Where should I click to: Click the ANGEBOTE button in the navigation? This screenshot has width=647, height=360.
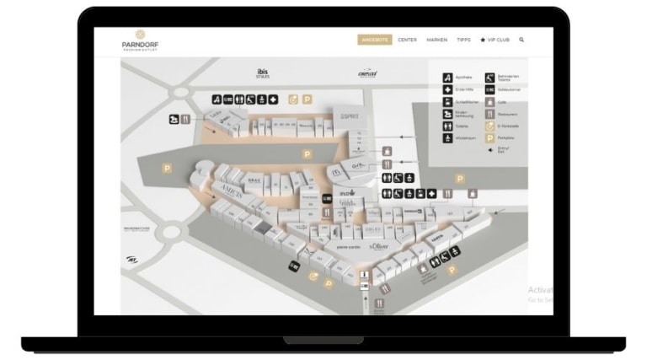pos(374,40)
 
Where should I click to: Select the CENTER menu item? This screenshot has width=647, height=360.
pos(407,40)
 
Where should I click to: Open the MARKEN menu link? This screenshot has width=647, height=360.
pos(436,40)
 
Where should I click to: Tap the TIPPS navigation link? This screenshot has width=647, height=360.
pos(463,40)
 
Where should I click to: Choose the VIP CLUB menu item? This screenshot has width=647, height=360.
pos(495,40)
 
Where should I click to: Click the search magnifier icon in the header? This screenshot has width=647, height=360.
pos(522,40)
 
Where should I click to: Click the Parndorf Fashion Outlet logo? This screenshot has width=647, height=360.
pos(140,40)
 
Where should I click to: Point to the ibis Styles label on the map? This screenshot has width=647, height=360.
pos(263,73)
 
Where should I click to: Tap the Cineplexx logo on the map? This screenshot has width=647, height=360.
pos(366,73)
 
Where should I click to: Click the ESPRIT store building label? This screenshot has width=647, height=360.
pos(350,117)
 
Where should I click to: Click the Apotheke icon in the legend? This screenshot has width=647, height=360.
pos(448,78)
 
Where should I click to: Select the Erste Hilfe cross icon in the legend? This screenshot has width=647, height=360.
pos(448,89)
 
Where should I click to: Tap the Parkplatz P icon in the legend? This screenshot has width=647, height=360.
pos(489,137)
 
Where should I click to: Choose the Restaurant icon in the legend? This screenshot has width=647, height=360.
pos(489,113)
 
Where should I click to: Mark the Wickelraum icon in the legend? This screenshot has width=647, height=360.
pos(448,137)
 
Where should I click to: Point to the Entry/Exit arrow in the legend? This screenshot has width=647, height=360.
pos(489,149)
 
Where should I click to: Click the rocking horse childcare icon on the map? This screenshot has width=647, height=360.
pos(174,119)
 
